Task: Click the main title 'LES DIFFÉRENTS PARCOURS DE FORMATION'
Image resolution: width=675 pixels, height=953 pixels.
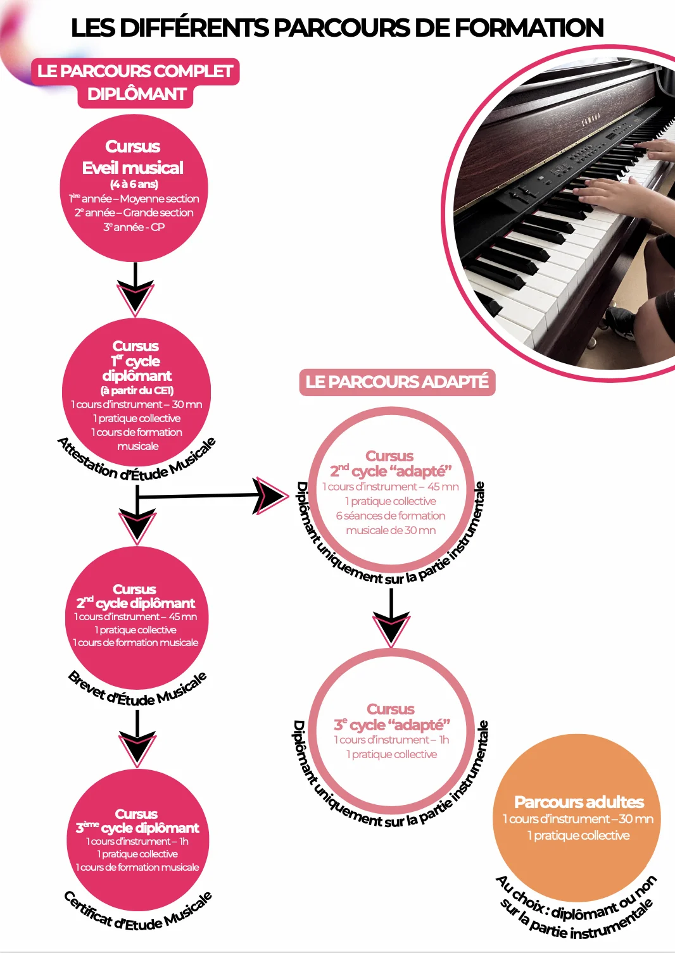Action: point(337,28)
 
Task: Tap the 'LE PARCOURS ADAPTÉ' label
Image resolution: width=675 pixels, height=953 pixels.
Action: point(397,382)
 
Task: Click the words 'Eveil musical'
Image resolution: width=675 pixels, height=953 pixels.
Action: point(133,168)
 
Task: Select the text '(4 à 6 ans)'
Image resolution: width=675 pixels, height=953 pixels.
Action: point(134,184)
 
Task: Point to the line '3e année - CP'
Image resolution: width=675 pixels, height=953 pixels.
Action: point(134,227)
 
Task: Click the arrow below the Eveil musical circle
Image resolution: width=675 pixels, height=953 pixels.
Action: point(136,289)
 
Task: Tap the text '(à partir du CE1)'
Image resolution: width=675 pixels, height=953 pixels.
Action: point(137,390)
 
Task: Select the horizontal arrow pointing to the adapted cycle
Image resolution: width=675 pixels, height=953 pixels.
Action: point(213,495)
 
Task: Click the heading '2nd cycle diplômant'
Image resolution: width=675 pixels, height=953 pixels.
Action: point(136,603)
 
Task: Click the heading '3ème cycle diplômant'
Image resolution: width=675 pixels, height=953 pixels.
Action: point(137,828)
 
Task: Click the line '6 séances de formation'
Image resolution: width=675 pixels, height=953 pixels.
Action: point(391,516)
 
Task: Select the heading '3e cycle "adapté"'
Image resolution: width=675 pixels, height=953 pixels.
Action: point(392,724)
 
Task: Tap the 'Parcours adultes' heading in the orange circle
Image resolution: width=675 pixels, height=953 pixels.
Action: point(579,802)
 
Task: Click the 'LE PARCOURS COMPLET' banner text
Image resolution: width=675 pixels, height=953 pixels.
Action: point(136,71)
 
